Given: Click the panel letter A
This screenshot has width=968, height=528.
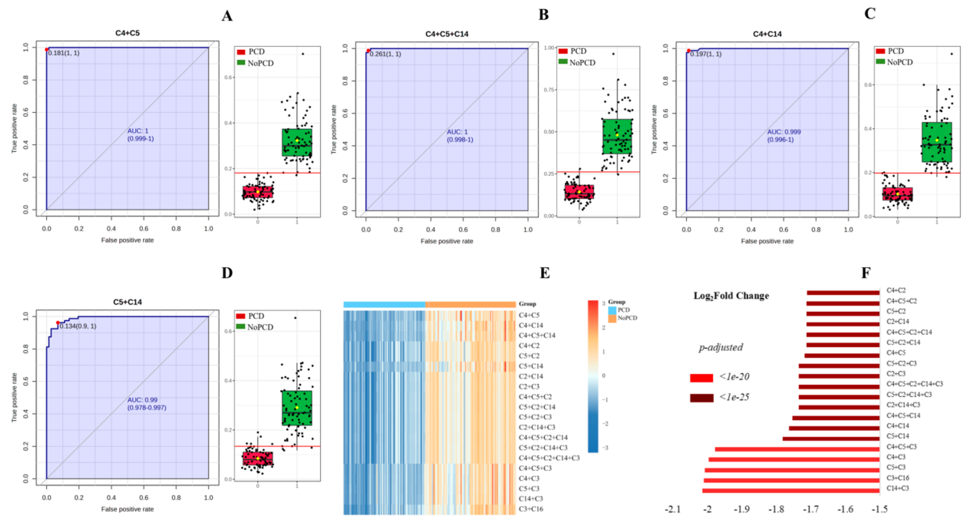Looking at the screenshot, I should [227, 16].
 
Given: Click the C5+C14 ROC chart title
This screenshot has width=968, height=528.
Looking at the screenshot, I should [127, 302].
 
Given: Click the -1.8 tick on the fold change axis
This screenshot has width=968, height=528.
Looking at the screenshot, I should [776, 510].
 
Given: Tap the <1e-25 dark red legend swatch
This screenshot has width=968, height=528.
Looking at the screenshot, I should [702, 398].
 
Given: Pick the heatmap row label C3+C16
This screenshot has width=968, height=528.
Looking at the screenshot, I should [531, 509].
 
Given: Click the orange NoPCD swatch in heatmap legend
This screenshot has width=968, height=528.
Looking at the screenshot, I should [612, 318].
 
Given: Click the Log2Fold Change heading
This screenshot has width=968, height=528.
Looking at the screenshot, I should [731, 296].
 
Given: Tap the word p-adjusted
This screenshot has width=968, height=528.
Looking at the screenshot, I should [721, 347].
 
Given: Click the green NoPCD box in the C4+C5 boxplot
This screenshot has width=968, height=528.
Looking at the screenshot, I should [297, 142].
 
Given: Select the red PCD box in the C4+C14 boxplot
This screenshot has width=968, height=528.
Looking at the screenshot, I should [897, 194].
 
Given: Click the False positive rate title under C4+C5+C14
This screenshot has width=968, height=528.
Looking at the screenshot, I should [447, 241].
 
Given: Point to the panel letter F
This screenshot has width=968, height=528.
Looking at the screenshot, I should [865, 273].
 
